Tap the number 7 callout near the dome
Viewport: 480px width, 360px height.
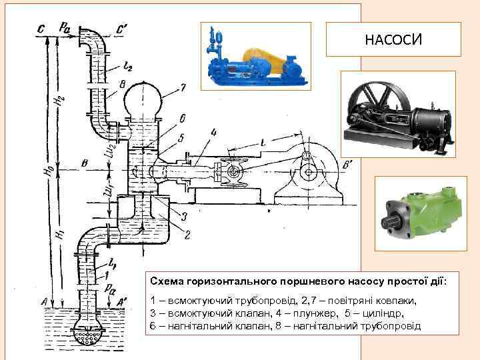click(x=183, y=87)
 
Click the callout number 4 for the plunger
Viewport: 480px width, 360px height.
click(x=213, y=132)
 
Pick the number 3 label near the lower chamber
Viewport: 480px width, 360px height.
click(x=185, y=215)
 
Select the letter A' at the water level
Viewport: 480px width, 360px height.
click(x=122, y=302)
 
